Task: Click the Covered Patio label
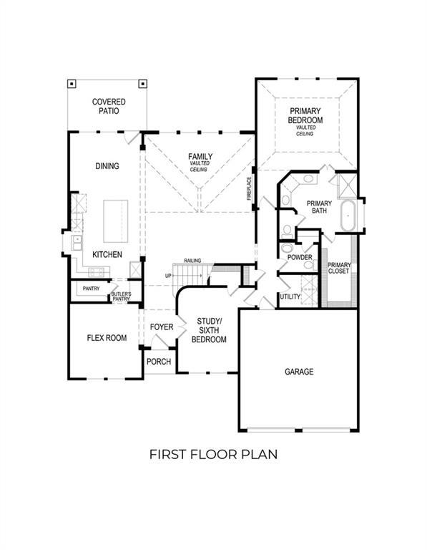click(x=109, y=107)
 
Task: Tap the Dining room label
click(x=107, y=166)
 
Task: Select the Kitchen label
click(x=107, y=255)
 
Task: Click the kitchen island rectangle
click(x=114, y=223)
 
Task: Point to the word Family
click(x=200, y=156)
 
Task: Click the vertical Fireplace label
click(x=250, y=188)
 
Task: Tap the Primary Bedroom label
click(x=305, y=116)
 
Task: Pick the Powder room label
click(x=298, y=257)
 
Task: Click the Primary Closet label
click(x=339, y=267)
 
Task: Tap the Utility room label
click(x=290, y=296)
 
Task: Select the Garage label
click(x=299, y=372)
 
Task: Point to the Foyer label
click(x=161, y=327)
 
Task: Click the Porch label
click(x=159, y=362)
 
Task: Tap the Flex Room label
click(x=107, y=338)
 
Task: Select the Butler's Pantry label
click(x=120, y=297)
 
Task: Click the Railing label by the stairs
click(x=192, y=261)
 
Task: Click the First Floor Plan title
click(x=212, y=454)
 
